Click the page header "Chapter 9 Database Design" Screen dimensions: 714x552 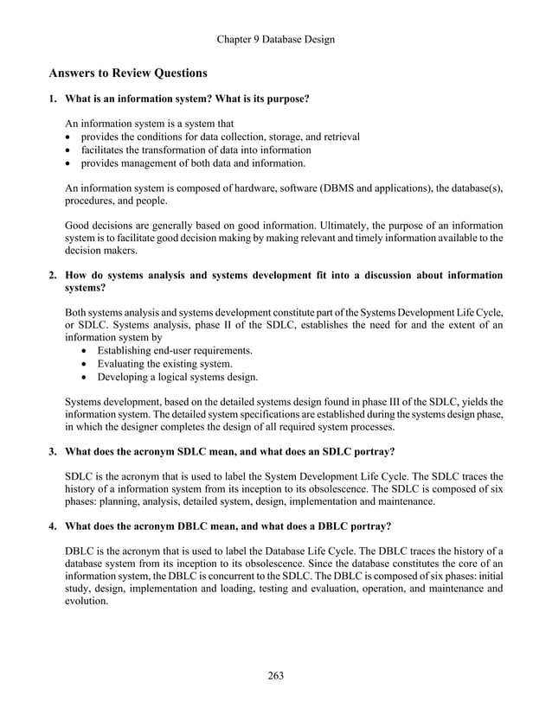276,39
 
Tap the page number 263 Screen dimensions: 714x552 275,675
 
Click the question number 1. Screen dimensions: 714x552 53,99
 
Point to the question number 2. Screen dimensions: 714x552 53,276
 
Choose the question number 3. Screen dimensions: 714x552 53,451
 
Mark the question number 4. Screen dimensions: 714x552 53,526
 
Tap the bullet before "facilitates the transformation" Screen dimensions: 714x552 69,150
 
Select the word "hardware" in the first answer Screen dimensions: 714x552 265,188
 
